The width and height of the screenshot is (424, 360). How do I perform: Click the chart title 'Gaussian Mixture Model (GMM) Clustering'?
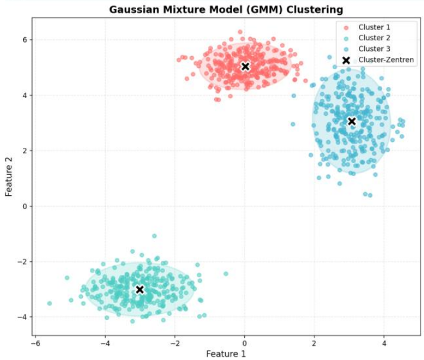pos(226,9)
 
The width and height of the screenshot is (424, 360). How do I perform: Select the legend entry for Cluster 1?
pos(374,27)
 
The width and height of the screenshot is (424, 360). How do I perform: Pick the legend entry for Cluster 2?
pos(374,38)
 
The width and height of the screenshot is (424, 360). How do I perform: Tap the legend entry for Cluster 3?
pos(374,49)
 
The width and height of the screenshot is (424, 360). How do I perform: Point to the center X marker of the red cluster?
pos(245,66)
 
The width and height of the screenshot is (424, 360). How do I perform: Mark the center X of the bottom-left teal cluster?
pos(140,290)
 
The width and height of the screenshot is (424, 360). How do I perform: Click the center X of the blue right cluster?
pos(351,121)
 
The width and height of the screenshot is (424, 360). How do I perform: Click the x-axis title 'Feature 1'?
pos(225,353)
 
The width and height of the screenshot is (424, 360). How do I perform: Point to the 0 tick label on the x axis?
pos(244,343)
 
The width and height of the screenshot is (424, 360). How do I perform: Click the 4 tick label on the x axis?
pos(384,343)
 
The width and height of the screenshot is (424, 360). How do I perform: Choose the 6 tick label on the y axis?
pos(24,40)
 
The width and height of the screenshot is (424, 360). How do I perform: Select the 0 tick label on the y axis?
pos(24,206)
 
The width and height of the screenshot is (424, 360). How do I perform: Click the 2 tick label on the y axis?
pos(24,151)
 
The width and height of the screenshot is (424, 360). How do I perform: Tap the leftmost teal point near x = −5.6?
pos(50,303)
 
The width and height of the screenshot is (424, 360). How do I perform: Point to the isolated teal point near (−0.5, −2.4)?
pos(225,274)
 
